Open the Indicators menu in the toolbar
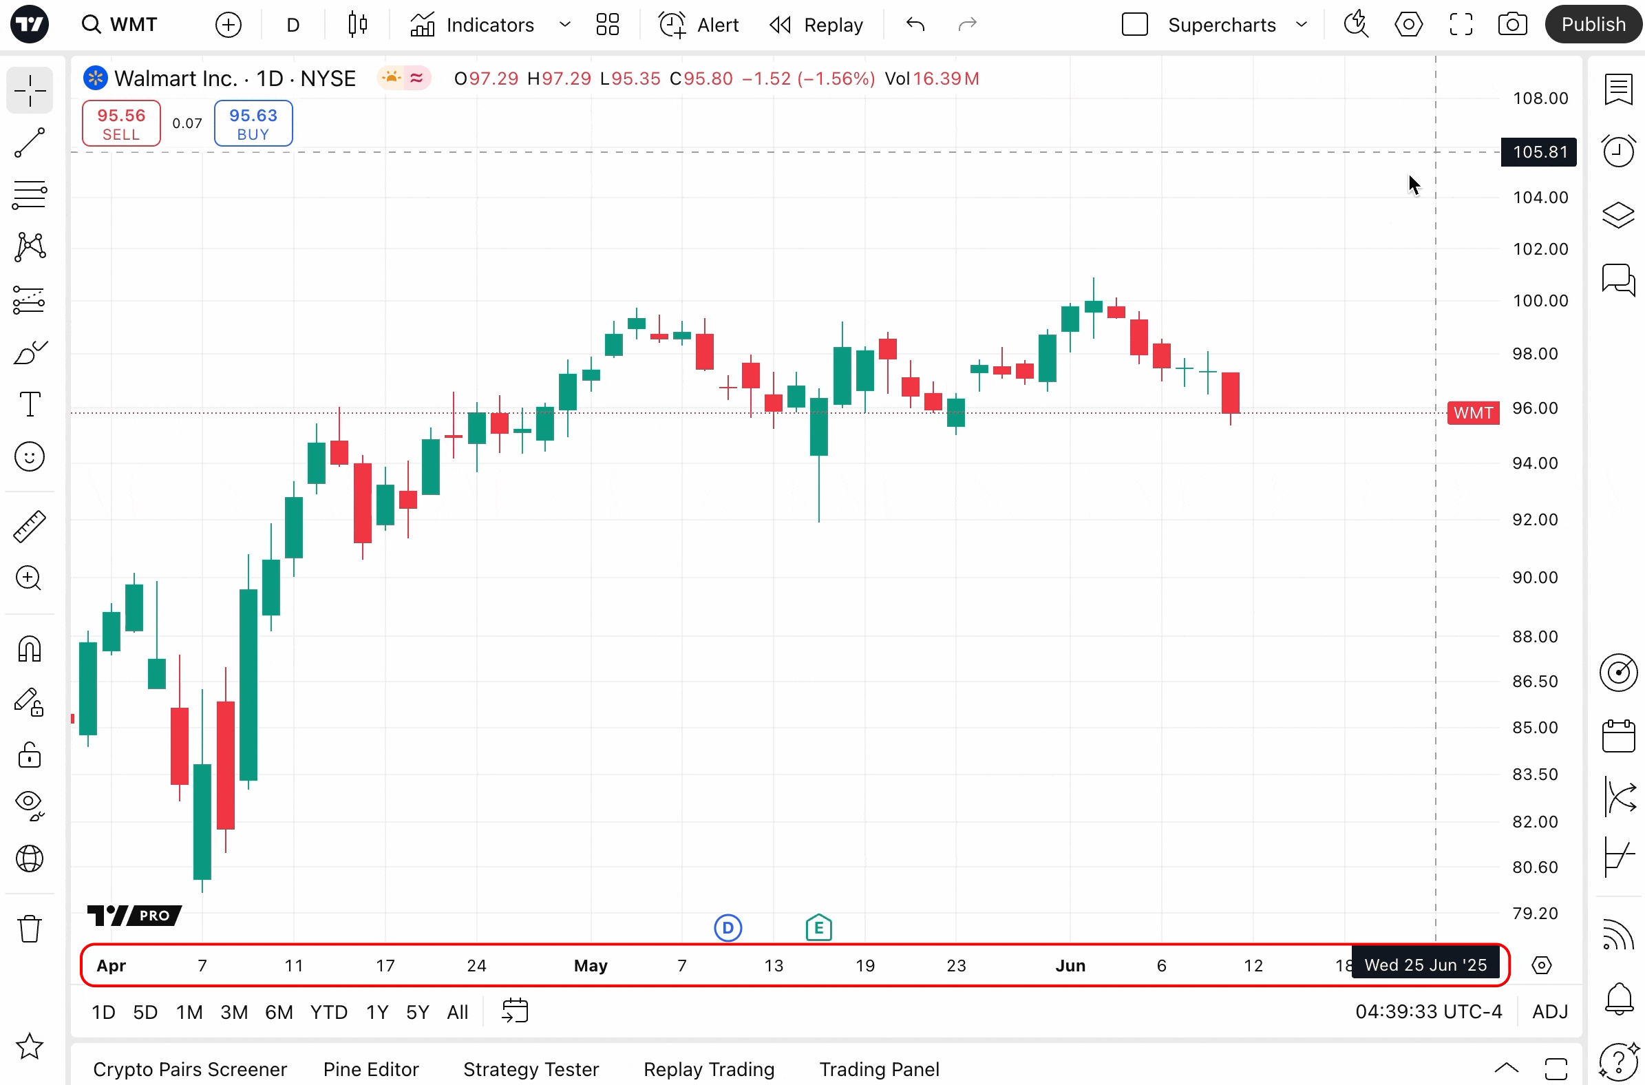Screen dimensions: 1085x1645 click(472, 25)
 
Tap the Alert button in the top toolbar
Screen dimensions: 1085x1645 click(699, 25)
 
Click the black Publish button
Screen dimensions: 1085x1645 click(1593, 25)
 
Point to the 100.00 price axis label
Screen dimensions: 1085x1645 click(1540, 301)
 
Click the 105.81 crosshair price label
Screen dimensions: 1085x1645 click(1538, 152)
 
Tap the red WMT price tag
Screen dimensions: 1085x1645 click(1473, 413)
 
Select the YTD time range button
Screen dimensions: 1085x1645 click(328, 1012)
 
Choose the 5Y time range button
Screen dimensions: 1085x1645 click(417, 1012)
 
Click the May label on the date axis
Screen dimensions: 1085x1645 click(590, 965)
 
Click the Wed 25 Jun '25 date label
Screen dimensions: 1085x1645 click(1425, 965)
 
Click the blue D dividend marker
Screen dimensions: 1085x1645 click(728, 928)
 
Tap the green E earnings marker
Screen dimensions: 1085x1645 click(818, 928)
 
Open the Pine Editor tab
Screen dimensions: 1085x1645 click(371, 1069)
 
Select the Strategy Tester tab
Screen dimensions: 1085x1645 click(531, 1069)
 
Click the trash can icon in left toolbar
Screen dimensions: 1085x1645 click(30, 929)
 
